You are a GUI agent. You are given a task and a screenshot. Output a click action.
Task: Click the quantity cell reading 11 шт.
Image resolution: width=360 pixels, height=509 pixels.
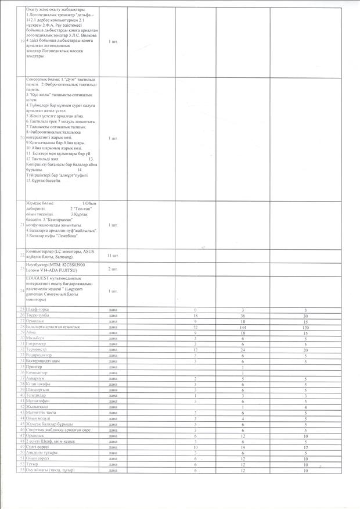point(113,256)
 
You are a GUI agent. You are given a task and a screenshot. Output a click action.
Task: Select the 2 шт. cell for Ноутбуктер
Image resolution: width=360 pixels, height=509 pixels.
point(113,268)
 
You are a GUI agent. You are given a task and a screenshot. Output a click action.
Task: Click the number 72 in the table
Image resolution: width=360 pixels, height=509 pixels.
point(196,327)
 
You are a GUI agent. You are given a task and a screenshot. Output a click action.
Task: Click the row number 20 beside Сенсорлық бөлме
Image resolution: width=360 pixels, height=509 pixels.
point(22,137)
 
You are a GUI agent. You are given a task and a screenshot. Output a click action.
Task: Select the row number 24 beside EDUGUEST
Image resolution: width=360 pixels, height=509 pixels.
point(22,290)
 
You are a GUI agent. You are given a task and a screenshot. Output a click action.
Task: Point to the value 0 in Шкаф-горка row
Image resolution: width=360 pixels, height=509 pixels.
point(196,310)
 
